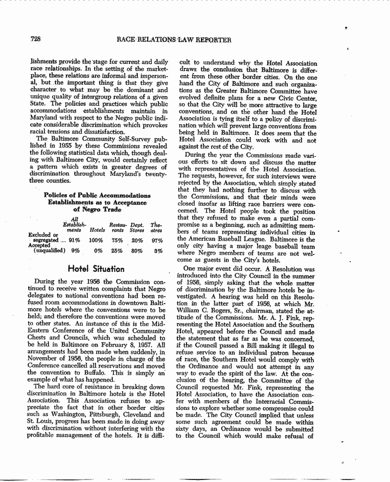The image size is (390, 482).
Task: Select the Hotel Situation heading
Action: click(96, 269)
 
